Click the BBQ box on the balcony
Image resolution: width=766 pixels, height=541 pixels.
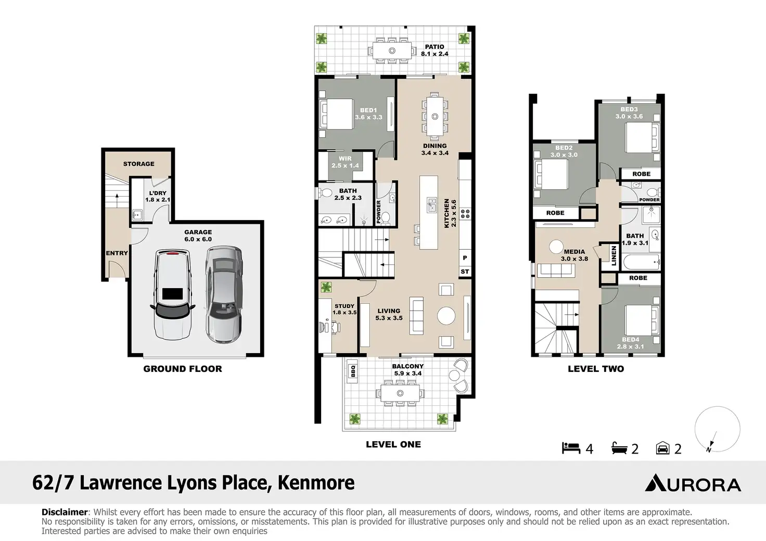[353, 371]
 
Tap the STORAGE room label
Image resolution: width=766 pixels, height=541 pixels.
[138, 164]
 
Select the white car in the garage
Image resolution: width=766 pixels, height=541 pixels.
[173, 294]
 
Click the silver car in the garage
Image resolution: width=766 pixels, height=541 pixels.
[224, 294]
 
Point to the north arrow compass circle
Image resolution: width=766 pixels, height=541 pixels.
[718, 429]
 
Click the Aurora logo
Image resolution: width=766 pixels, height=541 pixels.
[693, 482]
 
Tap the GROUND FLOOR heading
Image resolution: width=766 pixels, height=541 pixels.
[183, 369]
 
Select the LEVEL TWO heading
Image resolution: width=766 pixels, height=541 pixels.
[596, 369]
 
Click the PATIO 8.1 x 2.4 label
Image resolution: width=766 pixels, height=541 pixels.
[435, 50]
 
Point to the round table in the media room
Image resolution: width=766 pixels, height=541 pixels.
[556, 247]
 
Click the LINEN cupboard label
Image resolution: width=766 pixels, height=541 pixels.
[614, 255]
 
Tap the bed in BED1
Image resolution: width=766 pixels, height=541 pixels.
[336, 114]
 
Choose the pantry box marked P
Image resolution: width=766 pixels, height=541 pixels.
[465, 258]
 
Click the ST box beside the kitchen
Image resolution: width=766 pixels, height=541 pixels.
[465, 272]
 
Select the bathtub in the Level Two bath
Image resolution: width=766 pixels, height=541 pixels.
[641, 262]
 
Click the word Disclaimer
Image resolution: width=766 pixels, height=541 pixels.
[65, 512]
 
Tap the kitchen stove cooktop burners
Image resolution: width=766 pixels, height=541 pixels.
[465, 214]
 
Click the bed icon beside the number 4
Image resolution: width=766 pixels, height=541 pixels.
[571, 448]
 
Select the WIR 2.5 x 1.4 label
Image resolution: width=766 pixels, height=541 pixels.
[345, 162]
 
